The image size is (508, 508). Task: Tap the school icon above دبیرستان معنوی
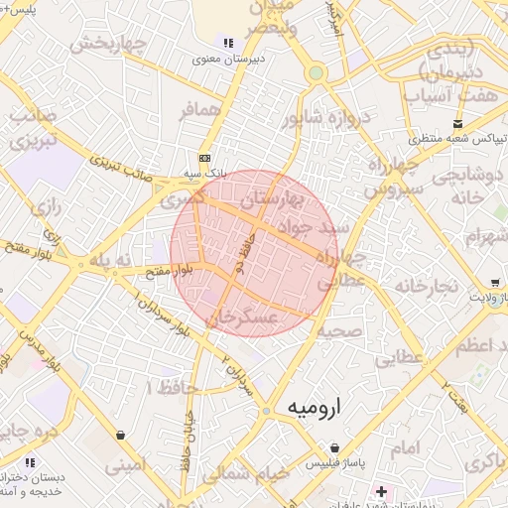(229, 43)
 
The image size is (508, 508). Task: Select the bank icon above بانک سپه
(204, 158)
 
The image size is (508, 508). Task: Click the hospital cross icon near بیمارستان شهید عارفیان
(381, 491)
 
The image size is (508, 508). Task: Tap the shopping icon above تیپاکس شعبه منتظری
(457, 123)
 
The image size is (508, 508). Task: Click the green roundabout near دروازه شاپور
(316, 72)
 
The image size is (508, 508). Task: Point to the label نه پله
(109, 260)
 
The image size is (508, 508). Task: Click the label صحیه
(341, 329)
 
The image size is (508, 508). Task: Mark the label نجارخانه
(427, 286)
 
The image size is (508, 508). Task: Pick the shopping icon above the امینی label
(121, 435)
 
